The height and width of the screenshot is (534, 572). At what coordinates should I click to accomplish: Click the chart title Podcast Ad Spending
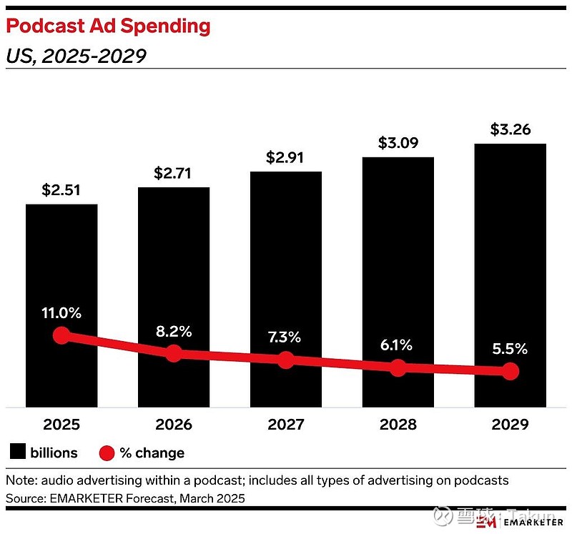point(108,26)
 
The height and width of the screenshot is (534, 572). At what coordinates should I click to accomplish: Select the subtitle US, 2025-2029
point(76,56)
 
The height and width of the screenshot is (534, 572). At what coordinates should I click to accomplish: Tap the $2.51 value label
point(61,190)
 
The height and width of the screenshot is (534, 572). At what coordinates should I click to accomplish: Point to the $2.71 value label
point(174,173)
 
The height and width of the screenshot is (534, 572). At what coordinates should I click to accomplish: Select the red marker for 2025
point(61,335)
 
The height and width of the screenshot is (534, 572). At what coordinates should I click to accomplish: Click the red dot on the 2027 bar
point(286,360)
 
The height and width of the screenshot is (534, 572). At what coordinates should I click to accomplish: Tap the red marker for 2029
point(510,371)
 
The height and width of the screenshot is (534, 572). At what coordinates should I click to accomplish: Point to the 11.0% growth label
point(61,312)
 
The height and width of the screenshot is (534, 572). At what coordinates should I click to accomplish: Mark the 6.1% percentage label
point(398,345)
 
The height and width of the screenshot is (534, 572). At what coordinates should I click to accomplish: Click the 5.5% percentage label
point(510,349)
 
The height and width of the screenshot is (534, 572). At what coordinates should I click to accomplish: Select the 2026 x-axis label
point(174,425)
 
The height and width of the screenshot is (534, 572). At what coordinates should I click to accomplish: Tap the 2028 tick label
point(398,425)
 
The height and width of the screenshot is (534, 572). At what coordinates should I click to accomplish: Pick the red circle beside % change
point(107,453)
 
